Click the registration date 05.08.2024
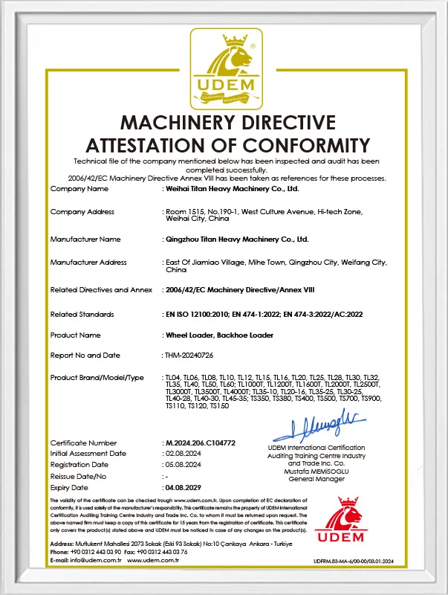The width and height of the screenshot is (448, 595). pyautogui.click(x=184, y=464)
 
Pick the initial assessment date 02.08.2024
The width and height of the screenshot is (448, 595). pyautogui.click(x=184, y=453)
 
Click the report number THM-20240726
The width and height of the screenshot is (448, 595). pyautogui.click(x=189, y=356)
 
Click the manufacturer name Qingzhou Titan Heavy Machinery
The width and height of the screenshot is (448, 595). pyautogui.click(x=237, y=239)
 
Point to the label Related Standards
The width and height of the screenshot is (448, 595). pyautogui.click(x=82, y=315)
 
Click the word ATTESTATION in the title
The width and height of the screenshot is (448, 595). pyautogui.click(x=160, y=144)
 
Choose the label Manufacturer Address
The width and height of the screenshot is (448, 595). pyautogui.click(x=88, y=262)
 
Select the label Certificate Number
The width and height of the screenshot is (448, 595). pyautogui.click(x=83, y=443)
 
